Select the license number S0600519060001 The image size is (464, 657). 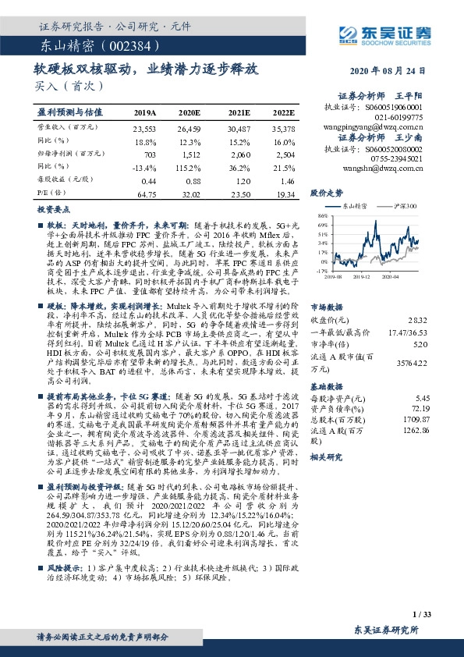click(396, 106)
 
